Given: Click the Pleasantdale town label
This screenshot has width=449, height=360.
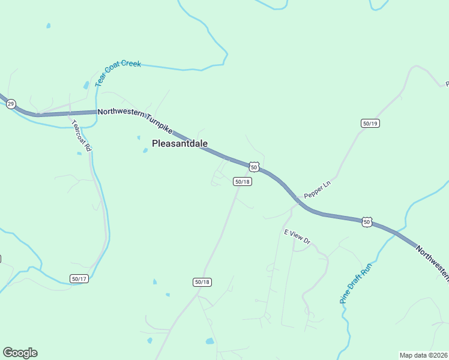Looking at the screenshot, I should click(179, 143).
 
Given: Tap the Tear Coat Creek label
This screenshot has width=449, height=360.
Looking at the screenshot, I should click(118, 72).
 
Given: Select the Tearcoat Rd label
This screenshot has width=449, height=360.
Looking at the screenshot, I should click(80, 135).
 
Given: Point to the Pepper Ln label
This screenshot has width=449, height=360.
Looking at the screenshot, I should click(318, 191).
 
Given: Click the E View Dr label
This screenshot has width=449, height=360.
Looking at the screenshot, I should click(297, 236).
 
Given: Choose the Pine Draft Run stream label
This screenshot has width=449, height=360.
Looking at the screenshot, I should click(356, 283).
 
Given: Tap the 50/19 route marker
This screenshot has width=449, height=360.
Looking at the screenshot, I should click(370, 123).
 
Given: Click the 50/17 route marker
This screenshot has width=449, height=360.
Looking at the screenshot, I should click(79, 278).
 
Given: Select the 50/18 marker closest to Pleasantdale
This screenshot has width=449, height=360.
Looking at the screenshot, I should click(242, 181).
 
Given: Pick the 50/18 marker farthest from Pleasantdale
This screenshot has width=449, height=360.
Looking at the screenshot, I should click(202, 282).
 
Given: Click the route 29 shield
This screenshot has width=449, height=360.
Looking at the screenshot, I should click(11, 104).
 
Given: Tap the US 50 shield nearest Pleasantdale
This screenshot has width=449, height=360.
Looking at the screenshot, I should click(254, 166).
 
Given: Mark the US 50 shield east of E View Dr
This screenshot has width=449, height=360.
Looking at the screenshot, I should click(367, 222).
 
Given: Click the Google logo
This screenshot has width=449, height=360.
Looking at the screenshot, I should click(20, 353).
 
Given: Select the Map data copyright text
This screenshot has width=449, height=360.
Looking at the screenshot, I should click(423, 355).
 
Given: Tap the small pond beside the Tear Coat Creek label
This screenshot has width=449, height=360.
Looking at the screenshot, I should click(86, 85).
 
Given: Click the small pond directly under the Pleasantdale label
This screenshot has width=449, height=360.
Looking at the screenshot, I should click(145, 151).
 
